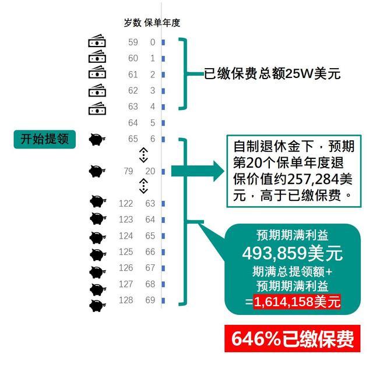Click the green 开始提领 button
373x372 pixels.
pos(45,139)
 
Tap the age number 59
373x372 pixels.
pos(133,42)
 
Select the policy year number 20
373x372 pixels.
pos(150,171)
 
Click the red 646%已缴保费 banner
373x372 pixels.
pos(293,338)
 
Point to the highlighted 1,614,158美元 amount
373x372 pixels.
pos(297,302)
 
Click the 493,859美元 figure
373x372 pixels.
pos(293,253)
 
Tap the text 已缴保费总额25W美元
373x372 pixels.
pos(272,73)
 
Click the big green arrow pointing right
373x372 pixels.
pos(198,171)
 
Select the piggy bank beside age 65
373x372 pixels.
pos(97,139)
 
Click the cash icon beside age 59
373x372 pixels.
pos(97,41)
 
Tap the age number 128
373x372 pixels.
pos(126,300)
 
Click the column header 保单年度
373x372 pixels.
pos(162,23)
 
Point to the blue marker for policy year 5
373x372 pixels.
pos(163,123)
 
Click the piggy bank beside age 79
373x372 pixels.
pos(97,171)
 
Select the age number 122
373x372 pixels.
pos(126,204)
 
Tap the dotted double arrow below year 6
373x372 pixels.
pos(143,155)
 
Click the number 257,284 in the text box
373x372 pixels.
pos(313,179)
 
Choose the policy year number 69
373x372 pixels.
pos(150,300)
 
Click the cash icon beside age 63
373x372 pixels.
pos(97,108)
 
